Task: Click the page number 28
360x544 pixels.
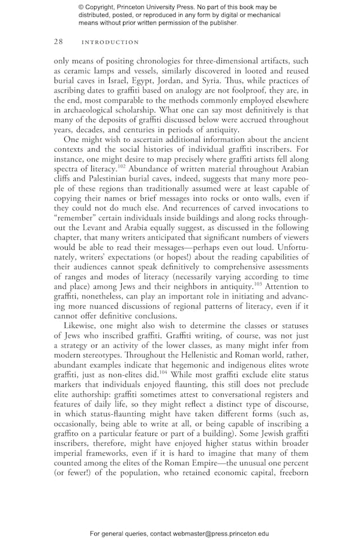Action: [x=58, y=42]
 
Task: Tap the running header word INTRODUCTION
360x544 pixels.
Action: [x=110, y=43]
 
